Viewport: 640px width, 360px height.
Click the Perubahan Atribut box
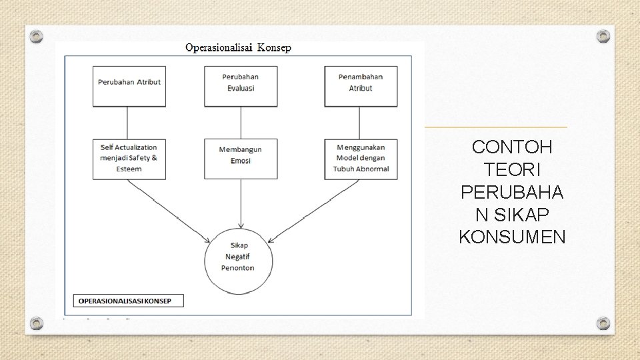(x=129, y=86)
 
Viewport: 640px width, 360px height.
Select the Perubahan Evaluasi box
(x=241, y=86)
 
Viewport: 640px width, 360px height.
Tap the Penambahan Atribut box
(x=361, y=86)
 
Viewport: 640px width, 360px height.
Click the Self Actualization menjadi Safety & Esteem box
(x=129, y=159)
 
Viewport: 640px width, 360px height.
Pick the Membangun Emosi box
(x=241, y=159)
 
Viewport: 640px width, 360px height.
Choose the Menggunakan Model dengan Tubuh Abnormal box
(x=361, y=159)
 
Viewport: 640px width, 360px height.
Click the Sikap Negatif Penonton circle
(x=238, y=257)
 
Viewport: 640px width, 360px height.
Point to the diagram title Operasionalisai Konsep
(x=238, y=48)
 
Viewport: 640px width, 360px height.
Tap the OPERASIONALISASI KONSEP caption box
(x=128, y=301)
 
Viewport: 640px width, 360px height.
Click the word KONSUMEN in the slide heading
(x=512, y=237)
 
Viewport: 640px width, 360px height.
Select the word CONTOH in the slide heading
(x=512, y=147)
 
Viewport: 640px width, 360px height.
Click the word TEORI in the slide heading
(x=512, y=169)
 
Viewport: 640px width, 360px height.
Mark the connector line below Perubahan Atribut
(x=127, y=123)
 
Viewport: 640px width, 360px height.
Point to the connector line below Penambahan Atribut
(x=359, y=123)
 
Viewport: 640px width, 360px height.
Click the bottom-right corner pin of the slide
(x=603, y=323)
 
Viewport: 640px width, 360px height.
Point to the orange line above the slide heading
(x=496, y=127)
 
